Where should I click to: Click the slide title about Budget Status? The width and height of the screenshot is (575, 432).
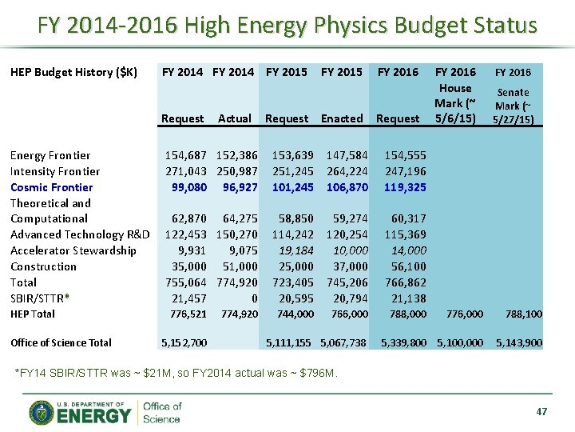click(287, 26)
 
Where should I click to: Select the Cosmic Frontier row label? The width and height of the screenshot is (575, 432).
click(51, 187)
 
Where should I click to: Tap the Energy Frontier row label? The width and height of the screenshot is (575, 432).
click(50, 155)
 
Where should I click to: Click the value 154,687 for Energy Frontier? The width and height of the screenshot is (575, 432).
click(186, 155)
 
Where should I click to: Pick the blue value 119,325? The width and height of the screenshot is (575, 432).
click(405, 187)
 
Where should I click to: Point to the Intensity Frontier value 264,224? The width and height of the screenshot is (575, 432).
click(347, 171)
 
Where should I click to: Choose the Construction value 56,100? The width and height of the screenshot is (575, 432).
click(409, 266)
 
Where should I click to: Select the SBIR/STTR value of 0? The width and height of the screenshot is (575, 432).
click(254, 298)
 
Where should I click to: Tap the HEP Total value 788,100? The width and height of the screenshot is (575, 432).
click(524, 314)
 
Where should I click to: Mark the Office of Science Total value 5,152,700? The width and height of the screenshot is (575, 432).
click(184, 342)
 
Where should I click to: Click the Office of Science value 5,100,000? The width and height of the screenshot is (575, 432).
click(460, 342)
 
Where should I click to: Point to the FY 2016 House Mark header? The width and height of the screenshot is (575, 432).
click(454, 95)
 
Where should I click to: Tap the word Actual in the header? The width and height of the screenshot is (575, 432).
click(235, 118)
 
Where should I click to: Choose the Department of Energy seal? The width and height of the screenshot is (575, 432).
click(41, 412)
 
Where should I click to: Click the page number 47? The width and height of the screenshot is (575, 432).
click(541, 411)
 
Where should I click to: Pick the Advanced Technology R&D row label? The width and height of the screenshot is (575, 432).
click(80, 234)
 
